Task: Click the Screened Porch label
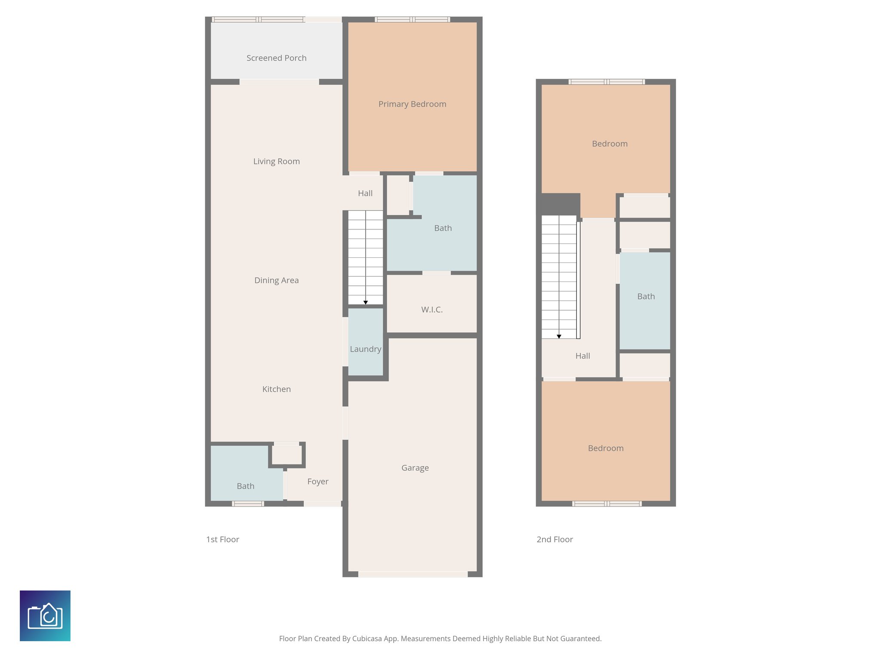pos(276,58)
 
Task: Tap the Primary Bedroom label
pos(412,104)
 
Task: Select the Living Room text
pos(276,161)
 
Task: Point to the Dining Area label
pos(276,280)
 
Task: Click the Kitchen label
pos(276,389)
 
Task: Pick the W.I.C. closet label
pos(431,309)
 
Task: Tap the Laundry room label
pos(365,349)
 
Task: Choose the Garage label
pos(415,468)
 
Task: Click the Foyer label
pos(317,482)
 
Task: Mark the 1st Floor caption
pos(222,539)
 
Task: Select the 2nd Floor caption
pos(554,539)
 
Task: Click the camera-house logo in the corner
pos(45,616)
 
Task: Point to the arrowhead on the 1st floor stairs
pos(365,303)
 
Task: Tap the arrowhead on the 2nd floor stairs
pos(559,337)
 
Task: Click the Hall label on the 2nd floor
pos(582,356)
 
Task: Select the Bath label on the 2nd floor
pos(646,297)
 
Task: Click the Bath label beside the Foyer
pos(245,486)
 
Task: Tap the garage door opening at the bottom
pos(413,574)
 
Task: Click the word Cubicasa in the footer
pos(368,639)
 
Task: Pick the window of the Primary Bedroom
pos(412,19)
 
